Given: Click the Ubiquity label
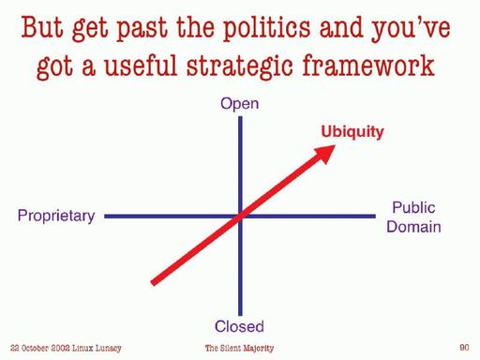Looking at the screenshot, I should coord(352,132).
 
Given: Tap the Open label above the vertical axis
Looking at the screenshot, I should coord(239,104).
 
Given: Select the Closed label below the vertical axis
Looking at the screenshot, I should coord(239,326).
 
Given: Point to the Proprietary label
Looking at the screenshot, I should coord(56,217).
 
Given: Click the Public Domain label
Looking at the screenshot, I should coord(413,217).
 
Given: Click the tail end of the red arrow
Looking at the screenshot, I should coord(155,278).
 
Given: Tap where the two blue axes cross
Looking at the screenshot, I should coord(240,217).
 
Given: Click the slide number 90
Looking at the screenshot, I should coord(464,348).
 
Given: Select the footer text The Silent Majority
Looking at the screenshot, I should coord(239,348).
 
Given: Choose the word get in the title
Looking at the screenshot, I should coord(96,28).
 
